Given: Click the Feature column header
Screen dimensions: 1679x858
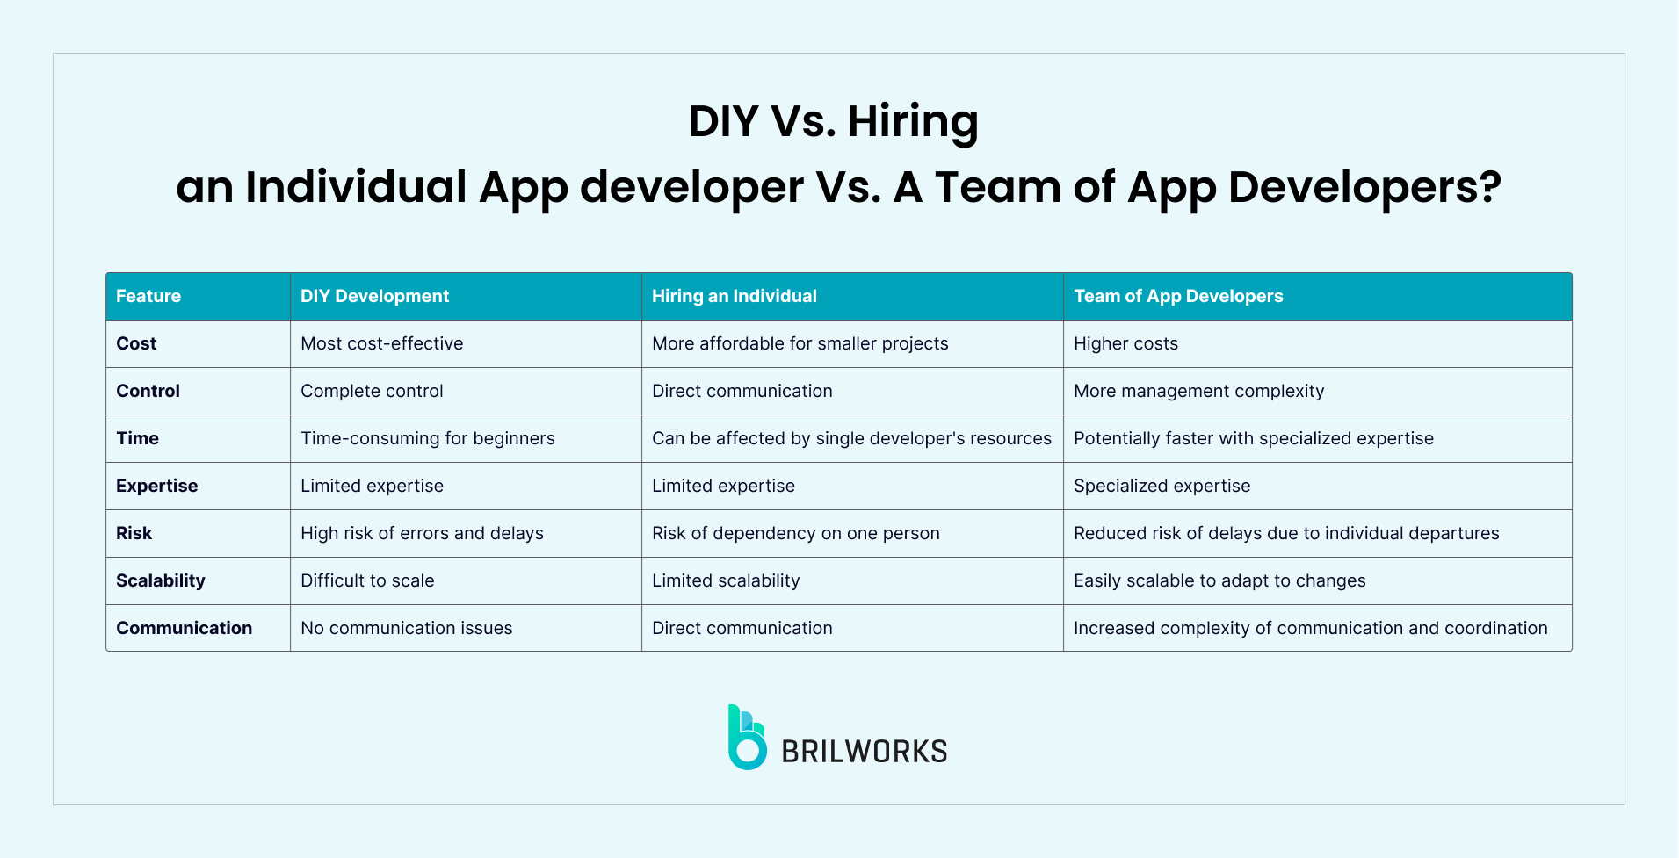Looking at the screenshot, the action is [148, 296].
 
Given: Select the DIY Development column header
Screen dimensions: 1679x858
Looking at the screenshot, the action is [374, 296].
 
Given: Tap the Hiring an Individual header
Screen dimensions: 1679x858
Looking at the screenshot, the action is [735, 296].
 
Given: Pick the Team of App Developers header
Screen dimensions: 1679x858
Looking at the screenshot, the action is [1178, 296].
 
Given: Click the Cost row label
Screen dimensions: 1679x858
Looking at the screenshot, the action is [136, 343].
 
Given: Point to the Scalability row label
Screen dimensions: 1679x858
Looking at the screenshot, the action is [161, 580].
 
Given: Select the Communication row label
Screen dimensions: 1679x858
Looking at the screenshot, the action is [185, 628].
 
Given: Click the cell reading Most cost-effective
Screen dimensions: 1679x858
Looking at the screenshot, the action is [382, 343].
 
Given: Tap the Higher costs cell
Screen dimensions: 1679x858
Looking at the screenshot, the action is [1125, 343].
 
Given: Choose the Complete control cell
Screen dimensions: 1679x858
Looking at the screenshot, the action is [372, 391].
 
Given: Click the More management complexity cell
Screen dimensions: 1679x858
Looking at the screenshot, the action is [1198, 391].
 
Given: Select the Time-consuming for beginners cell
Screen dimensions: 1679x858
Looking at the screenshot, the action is [428, 438].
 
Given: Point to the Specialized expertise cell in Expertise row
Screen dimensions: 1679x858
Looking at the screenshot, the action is [1162, 486].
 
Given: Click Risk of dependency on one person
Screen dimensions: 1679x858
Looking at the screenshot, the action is [796, 533].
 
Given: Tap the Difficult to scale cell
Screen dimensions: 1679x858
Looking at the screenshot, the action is [367, 580].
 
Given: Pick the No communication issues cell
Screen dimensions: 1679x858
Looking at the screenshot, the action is [407, 628].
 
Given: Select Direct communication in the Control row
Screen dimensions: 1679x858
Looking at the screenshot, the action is [742, 391].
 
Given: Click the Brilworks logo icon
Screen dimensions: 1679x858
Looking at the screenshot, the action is [746, 738].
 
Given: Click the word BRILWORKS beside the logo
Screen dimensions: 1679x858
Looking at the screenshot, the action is [865, 752].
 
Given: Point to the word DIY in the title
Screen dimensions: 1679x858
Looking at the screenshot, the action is [723, 121].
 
